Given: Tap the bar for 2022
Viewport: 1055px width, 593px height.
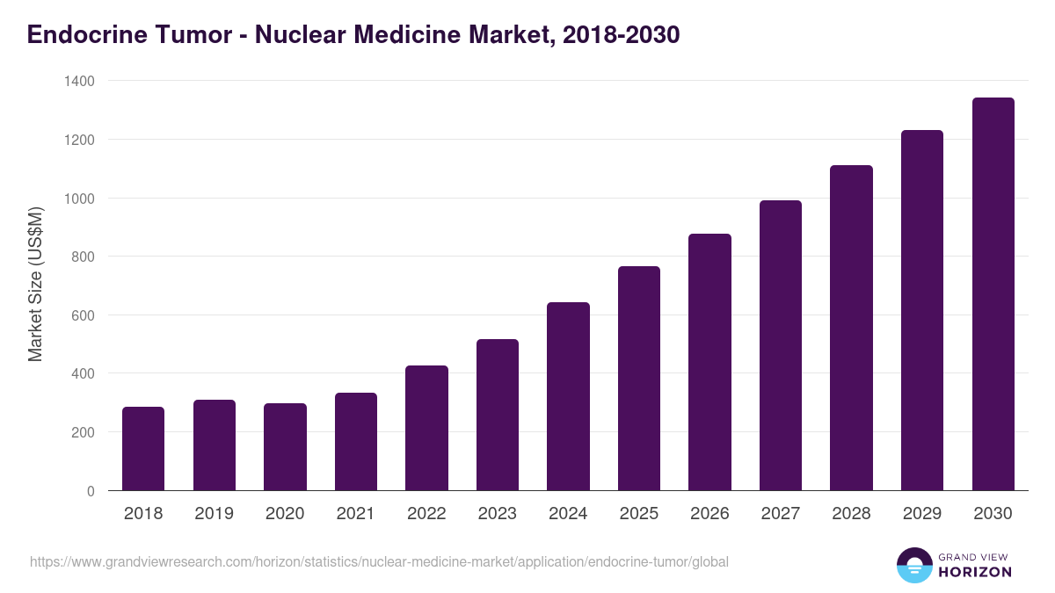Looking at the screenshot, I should (426, 428).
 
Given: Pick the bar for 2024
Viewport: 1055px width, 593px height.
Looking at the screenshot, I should (568, 396).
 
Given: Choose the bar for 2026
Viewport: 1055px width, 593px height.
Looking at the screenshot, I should (709, 362).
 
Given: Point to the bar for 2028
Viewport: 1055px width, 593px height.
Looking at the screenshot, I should (851, 328).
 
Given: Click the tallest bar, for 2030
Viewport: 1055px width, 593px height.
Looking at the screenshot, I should (993, 294).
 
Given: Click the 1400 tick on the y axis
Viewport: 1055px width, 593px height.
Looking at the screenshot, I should (79, 81).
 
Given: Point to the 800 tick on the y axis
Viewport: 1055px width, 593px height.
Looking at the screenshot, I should (84, 257).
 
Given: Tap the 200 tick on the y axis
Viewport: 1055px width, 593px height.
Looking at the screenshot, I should (84, 432).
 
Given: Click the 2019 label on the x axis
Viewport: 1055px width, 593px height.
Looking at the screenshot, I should (215, 514).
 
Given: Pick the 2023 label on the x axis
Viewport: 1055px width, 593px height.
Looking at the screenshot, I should (498, 514).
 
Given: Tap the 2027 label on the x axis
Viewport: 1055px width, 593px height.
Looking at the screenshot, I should (781, 514).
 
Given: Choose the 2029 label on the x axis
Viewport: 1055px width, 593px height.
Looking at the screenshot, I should (922, 514).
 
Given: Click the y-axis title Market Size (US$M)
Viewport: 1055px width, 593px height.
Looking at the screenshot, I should (35, 284).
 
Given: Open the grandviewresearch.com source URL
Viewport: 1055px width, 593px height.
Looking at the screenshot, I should (379, 561).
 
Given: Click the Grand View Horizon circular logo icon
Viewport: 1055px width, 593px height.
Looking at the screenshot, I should (913, 565).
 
